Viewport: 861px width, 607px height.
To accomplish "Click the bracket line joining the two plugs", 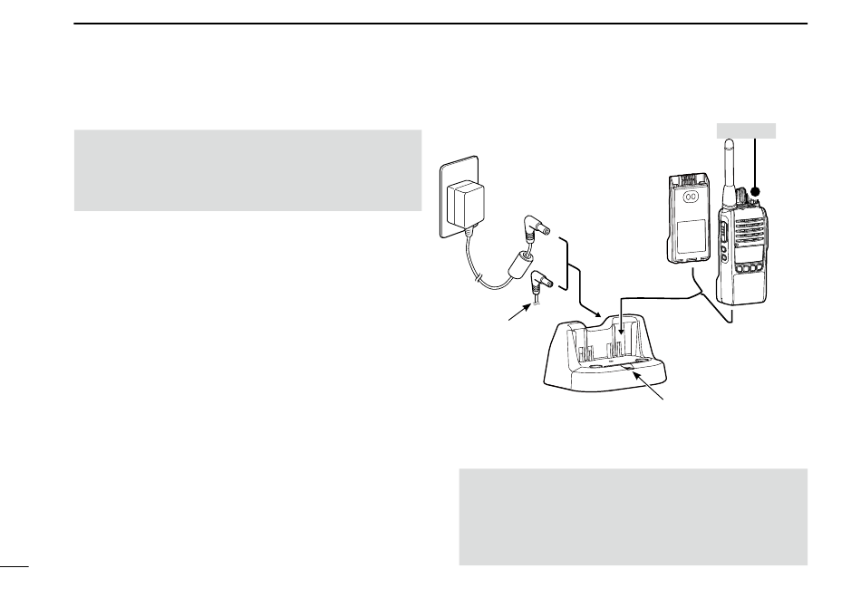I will pyautogui.click(x=568, y=265).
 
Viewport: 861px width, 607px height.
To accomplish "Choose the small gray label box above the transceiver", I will pyautogui.click(x=745, y=130).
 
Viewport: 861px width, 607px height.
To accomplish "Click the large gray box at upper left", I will pyautogui.click(x=247, y=170).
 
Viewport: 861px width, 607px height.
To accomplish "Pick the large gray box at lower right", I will pyautogui.click(x=633, y=516).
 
